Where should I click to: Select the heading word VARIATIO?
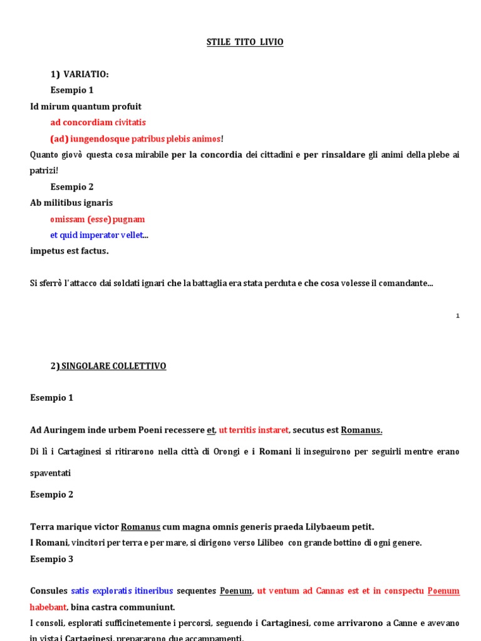[x=86, y=74]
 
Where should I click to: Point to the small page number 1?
[x=458, y=316]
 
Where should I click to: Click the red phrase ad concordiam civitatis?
[x=98, y=123]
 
